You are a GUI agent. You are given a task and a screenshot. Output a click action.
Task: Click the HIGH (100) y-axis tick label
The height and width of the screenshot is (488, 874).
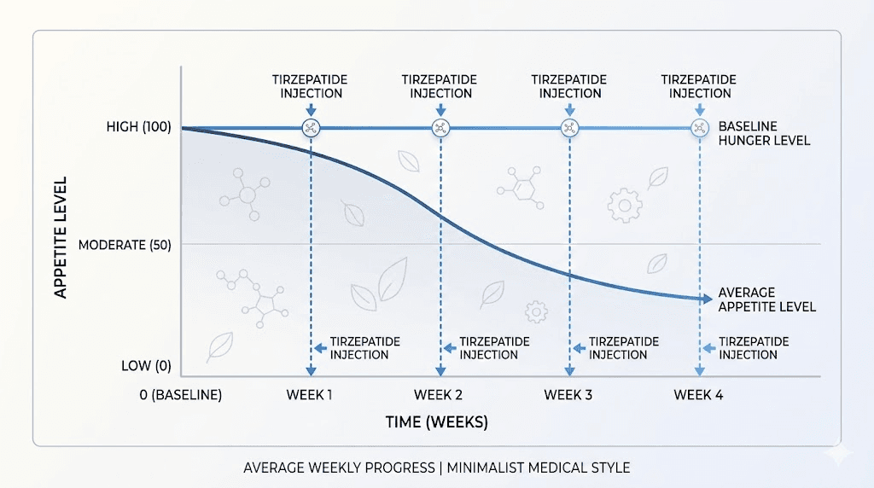point(139,127)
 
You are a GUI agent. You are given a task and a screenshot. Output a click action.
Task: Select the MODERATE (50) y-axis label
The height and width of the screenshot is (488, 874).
point(125,245)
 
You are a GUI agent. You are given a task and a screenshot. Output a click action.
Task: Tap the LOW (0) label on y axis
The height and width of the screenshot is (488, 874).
point(146,366)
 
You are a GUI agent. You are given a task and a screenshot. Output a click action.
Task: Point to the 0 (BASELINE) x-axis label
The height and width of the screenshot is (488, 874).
point(181,395)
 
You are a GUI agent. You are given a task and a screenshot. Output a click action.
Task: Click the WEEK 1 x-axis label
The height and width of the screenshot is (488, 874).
point(310,395)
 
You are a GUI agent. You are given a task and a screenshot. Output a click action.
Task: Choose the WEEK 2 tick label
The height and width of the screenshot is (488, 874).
point(439,395)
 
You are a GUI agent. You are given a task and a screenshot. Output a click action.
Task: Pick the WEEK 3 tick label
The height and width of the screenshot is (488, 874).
point(568,395)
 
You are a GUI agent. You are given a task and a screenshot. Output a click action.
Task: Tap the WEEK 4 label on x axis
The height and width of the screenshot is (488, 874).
point(698,395)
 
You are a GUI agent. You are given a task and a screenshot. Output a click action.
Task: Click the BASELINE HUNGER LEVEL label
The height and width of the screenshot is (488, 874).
point(764,133)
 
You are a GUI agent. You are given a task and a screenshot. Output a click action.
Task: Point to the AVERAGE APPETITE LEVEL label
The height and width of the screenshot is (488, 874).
point(766,299)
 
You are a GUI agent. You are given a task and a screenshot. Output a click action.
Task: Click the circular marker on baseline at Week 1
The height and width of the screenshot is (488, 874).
point(311,128)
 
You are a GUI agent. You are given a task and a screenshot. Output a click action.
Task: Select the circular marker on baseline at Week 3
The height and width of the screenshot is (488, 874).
point(569,128)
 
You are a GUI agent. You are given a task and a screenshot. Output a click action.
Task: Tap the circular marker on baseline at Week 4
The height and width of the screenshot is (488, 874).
point(699,128)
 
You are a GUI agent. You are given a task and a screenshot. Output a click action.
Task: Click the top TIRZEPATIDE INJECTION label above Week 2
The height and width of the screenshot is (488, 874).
point(440,86)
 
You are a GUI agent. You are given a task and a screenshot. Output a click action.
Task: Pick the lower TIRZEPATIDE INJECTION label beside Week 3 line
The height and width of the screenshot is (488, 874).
point(624,348)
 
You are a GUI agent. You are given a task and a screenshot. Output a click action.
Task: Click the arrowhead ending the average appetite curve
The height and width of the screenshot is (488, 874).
point(707,299)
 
